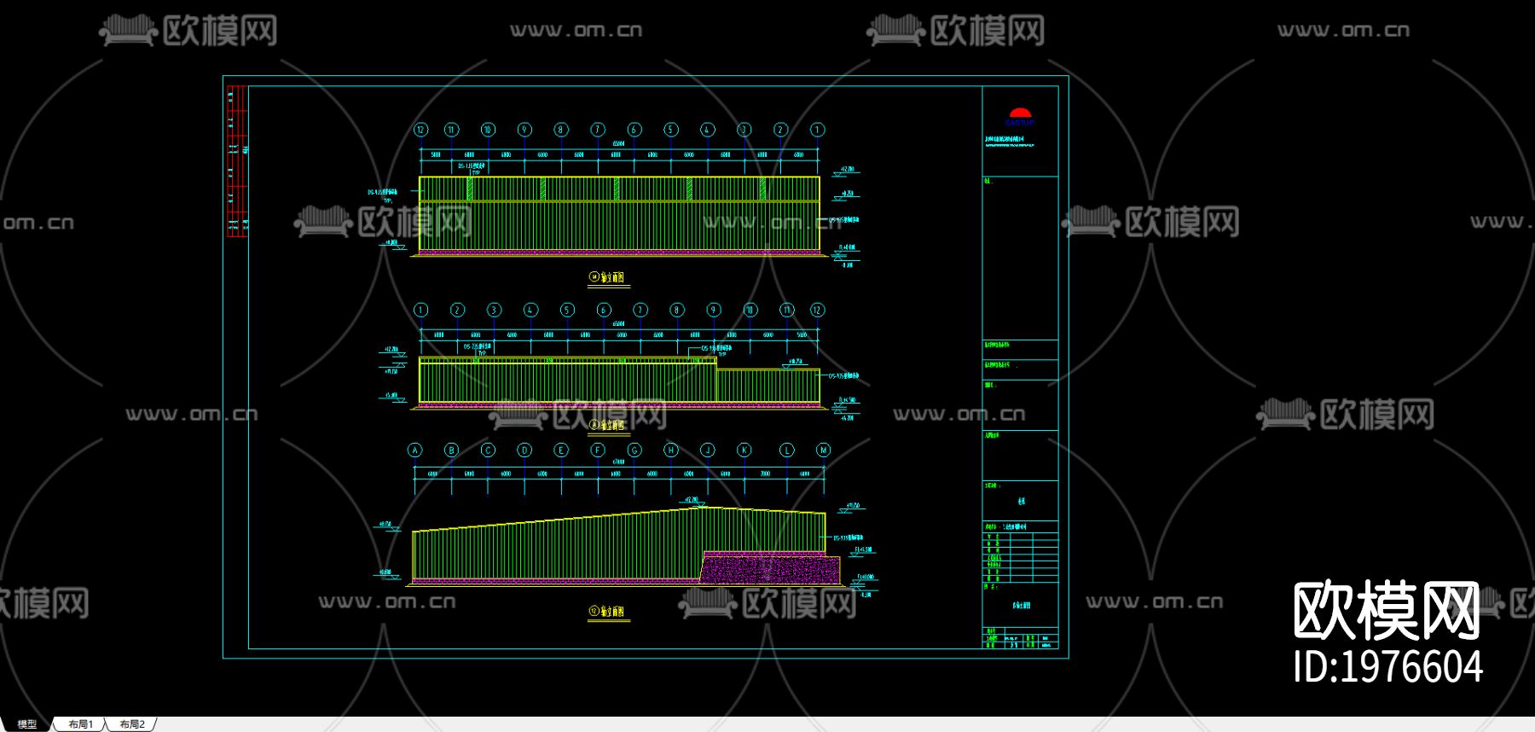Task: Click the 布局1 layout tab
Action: click(80, 724)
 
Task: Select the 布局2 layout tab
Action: click(132, 724)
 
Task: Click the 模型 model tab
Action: click(27, 724)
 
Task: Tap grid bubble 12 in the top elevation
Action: click(420, 130)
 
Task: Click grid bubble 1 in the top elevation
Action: click(817, 130)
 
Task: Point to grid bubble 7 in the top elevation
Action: click(598, 130)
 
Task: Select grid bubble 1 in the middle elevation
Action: click(420, 310)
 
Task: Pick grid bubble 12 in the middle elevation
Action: click(817, 310)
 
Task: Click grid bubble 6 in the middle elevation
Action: click(604, 310)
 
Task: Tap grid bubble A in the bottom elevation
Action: click(415, 450)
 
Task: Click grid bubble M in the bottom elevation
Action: click(823, 450)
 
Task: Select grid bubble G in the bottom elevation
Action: click(634, 450)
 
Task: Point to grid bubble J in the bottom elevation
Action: click(707, 450)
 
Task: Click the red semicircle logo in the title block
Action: click(1020, 113)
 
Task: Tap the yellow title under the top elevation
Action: click(608, 277)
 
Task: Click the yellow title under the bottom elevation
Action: click(608, 612)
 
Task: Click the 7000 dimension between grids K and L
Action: click(765, 473)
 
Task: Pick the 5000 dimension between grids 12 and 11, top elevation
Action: click(436, 155)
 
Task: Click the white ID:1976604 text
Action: click(1387, 667)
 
